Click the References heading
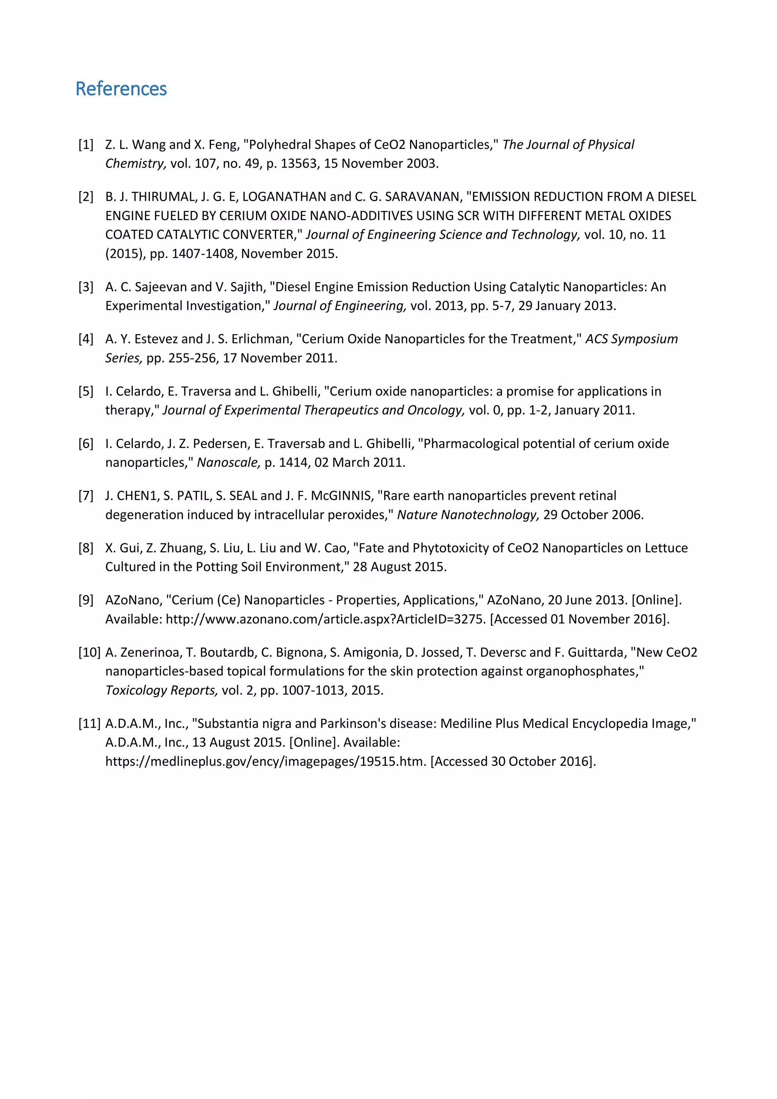[x=121, y=89]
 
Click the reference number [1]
[x=86, y=145]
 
